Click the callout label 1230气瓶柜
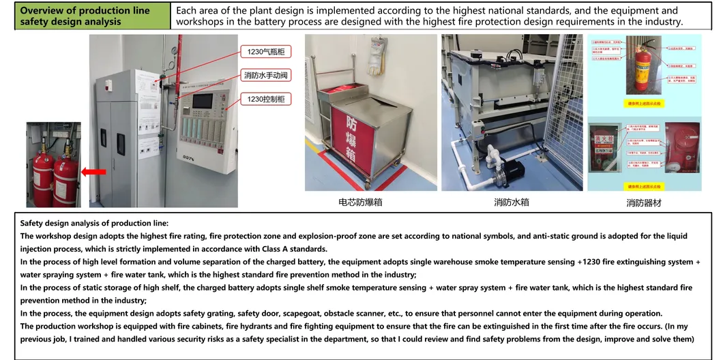tap(267, 52)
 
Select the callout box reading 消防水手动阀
tap(267, 75)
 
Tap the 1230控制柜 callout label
tap(267, 100)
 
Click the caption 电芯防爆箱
tap(360, 202)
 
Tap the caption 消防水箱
tap(512, 202)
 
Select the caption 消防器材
tap(644, 203)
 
